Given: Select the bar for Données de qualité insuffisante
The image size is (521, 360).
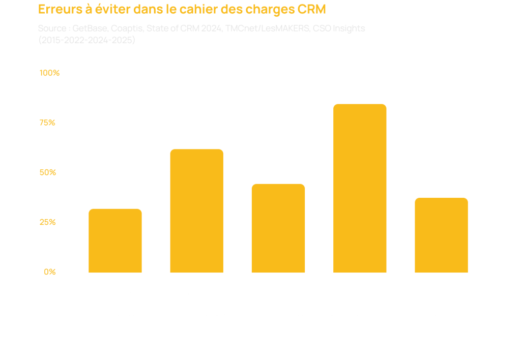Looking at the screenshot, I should tap(196, 211).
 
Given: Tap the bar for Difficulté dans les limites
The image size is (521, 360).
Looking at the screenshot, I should tap(278, 228).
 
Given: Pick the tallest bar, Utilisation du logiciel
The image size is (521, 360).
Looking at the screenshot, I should tap(360, 188).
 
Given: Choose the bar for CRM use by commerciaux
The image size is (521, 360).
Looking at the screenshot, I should tap(441, 235).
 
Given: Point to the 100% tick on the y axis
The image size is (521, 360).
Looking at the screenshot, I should tap(49, 73).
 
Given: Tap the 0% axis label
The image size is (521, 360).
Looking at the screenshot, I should tap(50, 272).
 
